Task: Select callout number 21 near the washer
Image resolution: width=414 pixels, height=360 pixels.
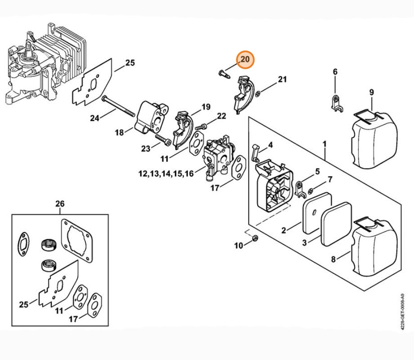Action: tap(282, 80)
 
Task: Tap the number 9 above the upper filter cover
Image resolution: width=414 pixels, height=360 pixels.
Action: tap(371, 93)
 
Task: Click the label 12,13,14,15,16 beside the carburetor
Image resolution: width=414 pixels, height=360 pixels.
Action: tap(166, 173)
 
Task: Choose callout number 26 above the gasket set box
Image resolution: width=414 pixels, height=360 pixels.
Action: tap(60, 204)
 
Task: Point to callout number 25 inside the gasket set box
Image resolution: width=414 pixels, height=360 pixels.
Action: tap(23, 304)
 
